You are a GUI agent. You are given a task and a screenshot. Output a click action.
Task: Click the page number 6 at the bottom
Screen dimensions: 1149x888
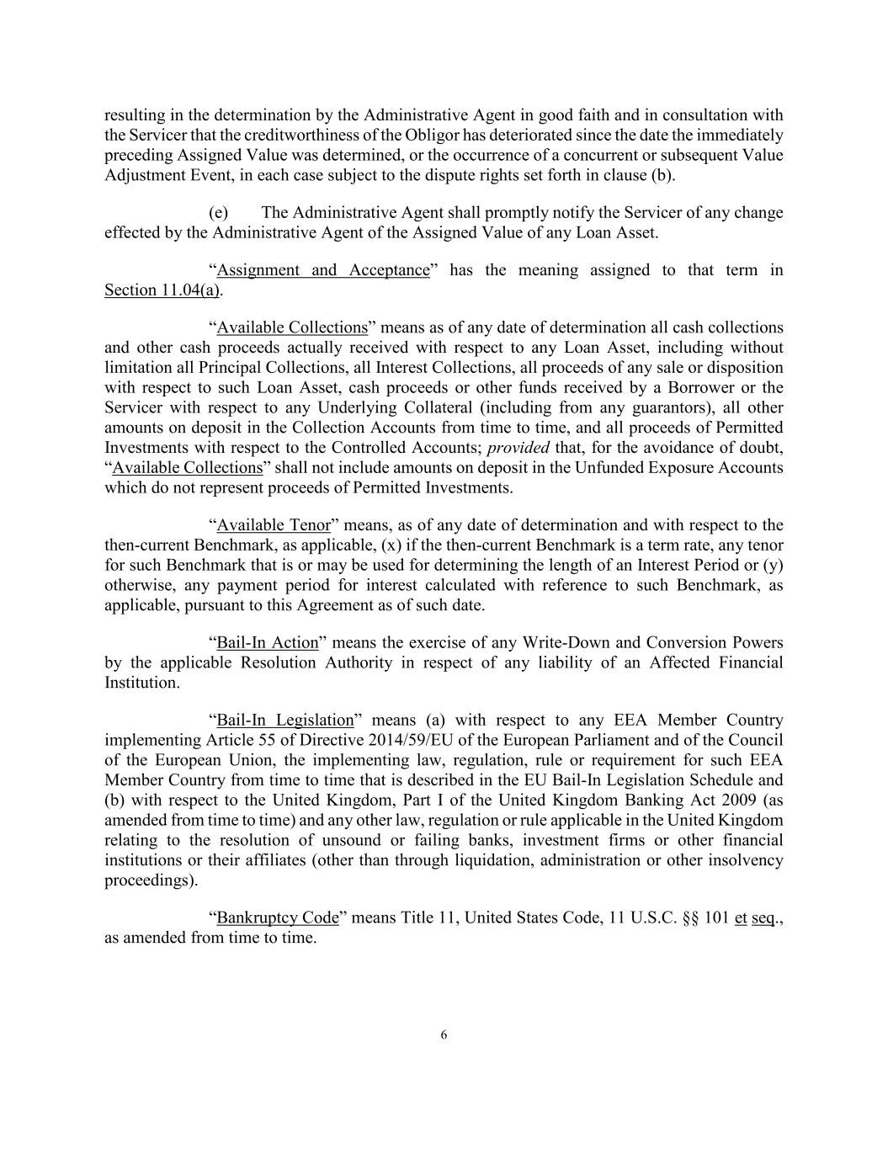(x=444, y=1035)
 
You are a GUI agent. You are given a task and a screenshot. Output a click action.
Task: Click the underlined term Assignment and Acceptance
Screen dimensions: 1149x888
(x=323, y=270)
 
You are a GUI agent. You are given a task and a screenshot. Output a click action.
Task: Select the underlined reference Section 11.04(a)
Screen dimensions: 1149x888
(x=162, y=290)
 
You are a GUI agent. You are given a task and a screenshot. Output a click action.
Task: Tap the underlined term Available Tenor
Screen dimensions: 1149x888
(x=274, y=525)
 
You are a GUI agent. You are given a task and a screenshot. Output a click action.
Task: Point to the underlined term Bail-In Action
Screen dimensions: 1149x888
(x=268, y=643)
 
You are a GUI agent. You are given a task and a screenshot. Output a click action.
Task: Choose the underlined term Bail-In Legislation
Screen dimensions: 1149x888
(x=285, y=720)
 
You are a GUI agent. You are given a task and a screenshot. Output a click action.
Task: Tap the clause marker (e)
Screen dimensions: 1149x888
(x=219, y=213)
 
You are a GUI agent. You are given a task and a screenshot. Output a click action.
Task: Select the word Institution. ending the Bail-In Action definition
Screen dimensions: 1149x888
(x=142, y=683)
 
